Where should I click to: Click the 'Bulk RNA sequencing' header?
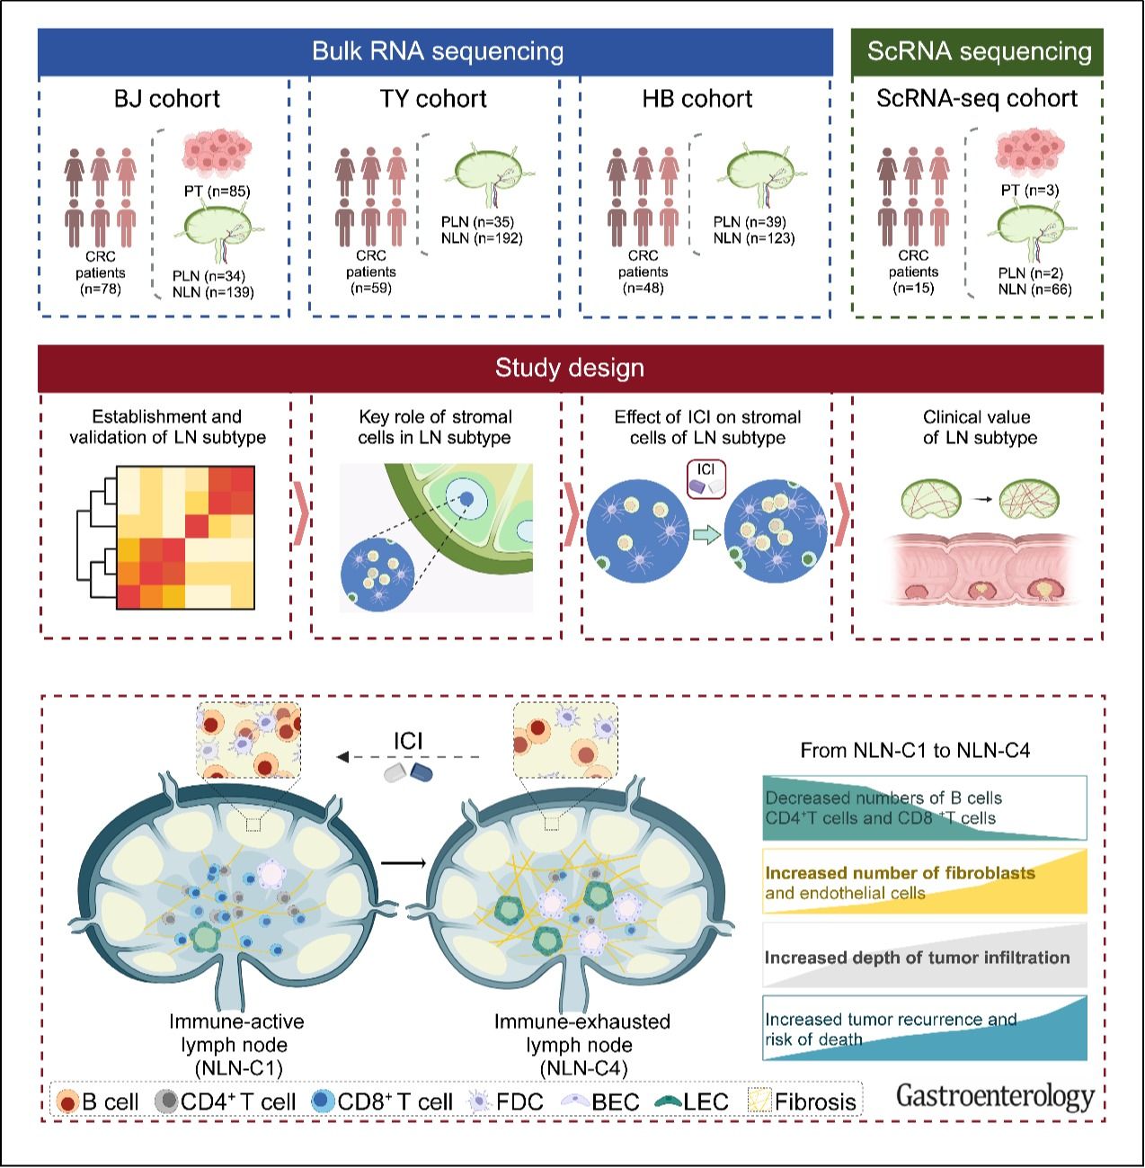pos(437,51)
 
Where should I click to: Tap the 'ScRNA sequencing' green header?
pos(979,51)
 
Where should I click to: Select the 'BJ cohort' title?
pos(166,98)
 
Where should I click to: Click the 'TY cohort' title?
pos(433,98)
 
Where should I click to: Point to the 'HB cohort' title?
pos(697,98)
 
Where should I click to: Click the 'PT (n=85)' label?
pos(215,191)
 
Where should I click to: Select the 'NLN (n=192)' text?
pos(482,238)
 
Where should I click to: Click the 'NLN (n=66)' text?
pos(1034,290)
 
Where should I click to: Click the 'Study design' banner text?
pos(570,368)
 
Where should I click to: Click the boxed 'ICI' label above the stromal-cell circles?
pos(706,470)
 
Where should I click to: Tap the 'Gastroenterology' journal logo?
pos(995,1096)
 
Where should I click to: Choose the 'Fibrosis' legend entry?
pos(803,1101)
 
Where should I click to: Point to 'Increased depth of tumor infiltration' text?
pos(917,958)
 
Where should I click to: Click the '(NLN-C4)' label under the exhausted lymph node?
pos(583,1068)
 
